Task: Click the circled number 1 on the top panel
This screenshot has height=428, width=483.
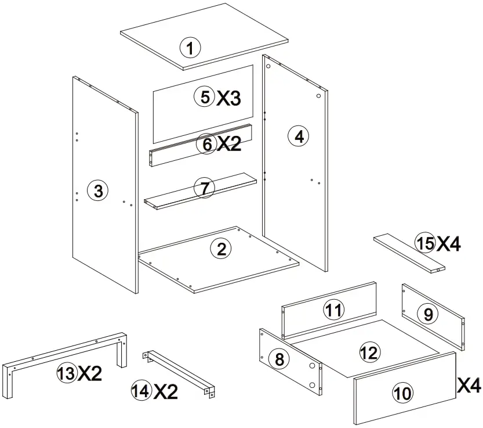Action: pyautogui.click(x=190, y=47)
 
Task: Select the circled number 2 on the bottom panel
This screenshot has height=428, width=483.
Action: pyautogui.click(x=220, y=249)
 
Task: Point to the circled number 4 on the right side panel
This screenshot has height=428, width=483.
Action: pyautogui.click(x=298, y=136)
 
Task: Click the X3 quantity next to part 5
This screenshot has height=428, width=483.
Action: pyautogui.click(x=228, y=98)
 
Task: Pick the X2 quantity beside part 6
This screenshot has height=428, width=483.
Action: pyautogui.click(x=228, y=144)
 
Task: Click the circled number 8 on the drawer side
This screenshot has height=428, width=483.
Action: pyautogui.click(x=279, y=359)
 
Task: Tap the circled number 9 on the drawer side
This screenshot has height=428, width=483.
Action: pyautogui.click(x=428, y=314)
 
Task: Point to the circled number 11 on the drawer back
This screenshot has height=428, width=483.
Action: pyautogui.click(x=333, y=311)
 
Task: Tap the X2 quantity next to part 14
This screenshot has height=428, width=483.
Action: pyautogui.click(x=166, y=392)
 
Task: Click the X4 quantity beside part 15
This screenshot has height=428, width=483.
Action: pyautogui.click(x=449, y=244)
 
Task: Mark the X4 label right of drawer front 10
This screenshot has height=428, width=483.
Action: pyautogui.click(x=469, y=384)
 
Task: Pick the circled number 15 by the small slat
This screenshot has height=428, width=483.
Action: pyautogui.click(x=425, y=243)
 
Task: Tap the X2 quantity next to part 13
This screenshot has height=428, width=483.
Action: pyautogui.click(x=90, y=374)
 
